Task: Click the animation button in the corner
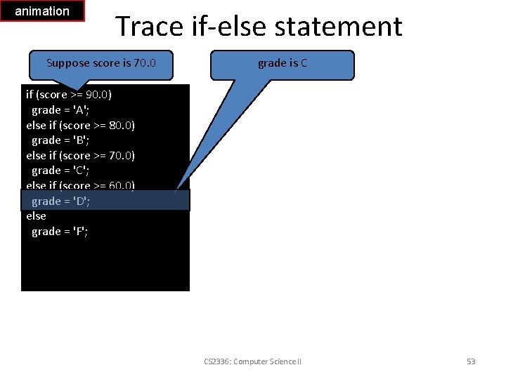click(42, 11)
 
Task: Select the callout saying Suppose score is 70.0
click(100, 63)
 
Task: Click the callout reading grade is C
click(283, 63)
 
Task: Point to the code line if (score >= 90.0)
click(69, 95)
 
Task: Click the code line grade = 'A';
click(60, 110)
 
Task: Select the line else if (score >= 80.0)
click(80, 125)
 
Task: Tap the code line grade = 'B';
click(60, 140)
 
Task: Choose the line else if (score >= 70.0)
click(80, 155)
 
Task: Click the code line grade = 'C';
click(60, 171)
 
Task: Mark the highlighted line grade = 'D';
click(60, 201)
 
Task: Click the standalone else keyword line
click(37, 216)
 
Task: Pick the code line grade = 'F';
click(60, 232)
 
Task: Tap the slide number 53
click(471, 361)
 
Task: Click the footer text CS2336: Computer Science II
click(252, 361)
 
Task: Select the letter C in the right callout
click(304, 63)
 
